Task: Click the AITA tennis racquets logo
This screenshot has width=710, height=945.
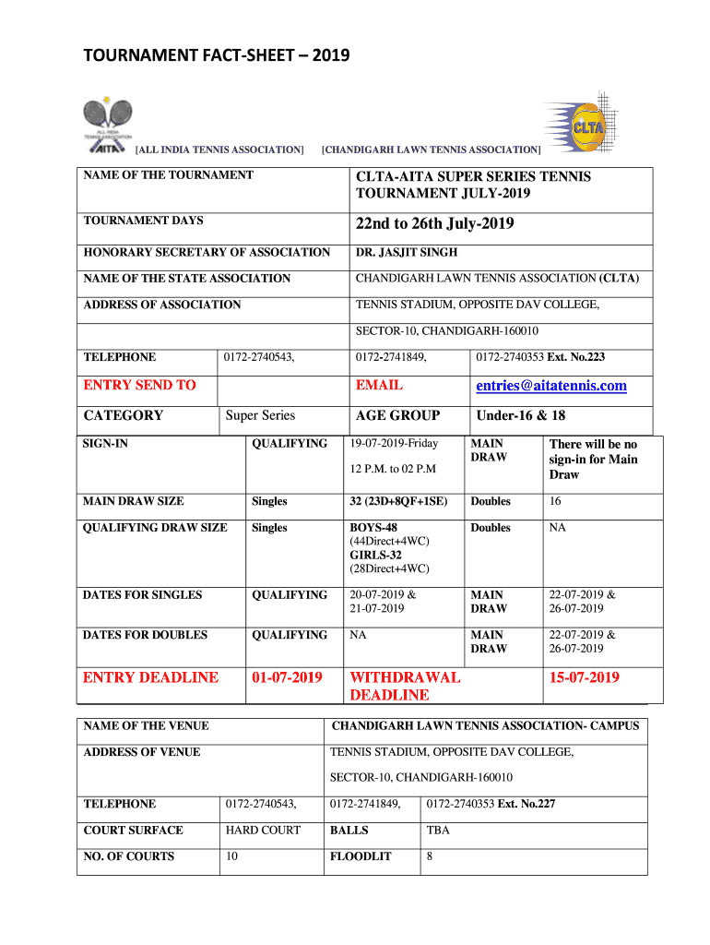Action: (109, 123)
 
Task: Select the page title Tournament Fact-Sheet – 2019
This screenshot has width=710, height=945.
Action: (217, 57)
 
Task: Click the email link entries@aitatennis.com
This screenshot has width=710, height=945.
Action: (551, 386)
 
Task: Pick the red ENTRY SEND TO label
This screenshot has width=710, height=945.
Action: (139, 386)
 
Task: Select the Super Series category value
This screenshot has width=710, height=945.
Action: (261, 415)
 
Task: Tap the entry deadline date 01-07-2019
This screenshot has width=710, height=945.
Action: (287, 678)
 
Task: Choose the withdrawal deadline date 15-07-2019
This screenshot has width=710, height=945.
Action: (585, 678)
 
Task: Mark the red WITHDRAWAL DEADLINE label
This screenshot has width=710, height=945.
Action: (405, 686)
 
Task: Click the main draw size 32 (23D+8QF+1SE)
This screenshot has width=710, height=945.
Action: (399, 501)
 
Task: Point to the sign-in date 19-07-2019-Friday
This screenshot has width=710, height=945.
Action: (395, 444)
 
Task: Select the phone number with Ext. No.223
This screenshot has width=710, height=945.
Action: (540, 357)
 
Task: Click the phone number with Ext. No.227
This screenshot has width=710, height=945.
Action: (491, 804)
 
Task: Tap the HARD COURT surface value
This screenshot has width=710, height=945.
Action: (263, 830)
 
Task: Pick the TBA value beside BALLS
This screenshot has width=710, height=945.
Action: (438, 830)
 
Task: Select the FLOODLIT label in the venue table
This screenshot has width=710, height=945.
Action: (361, 856)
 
